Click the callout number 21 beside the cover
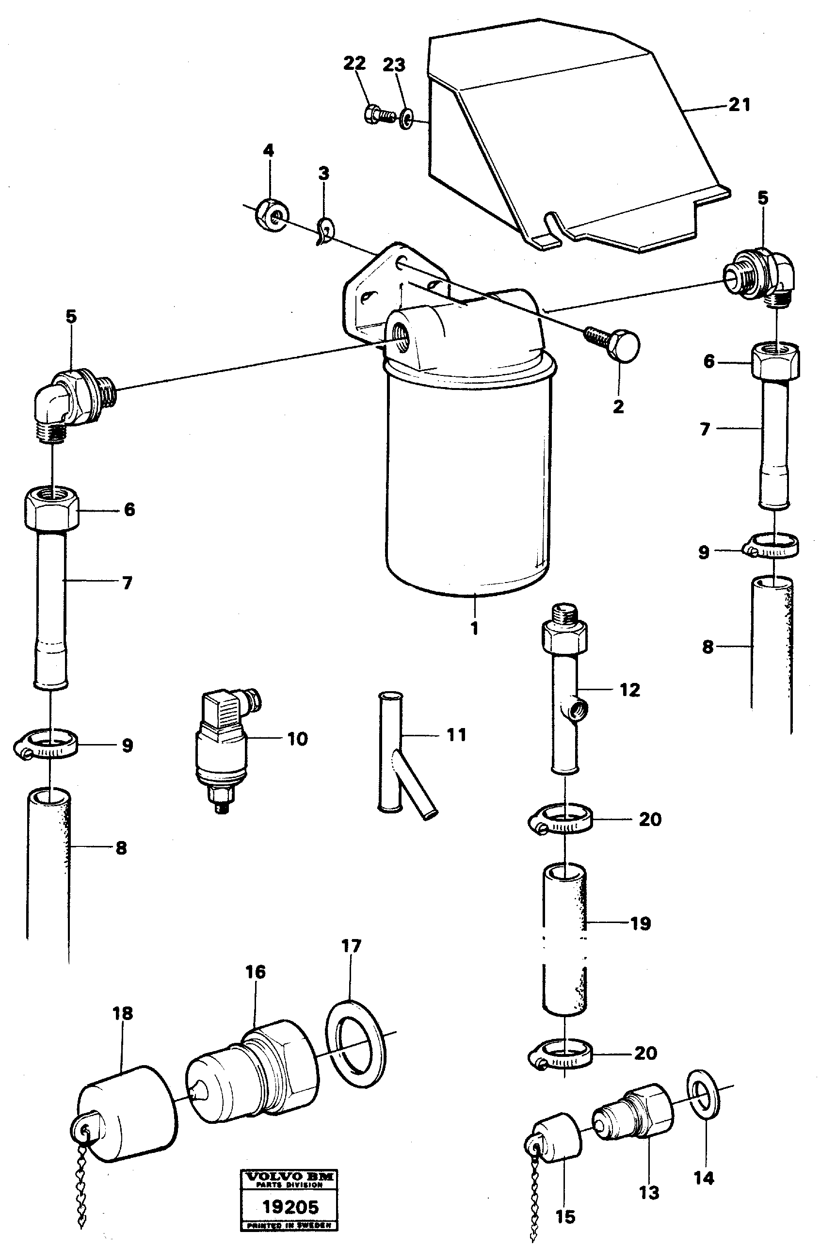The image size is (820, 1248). click(739, 105)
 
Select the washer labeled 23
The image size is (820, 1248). click(406, 118)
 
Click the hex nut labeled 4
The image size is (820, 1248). click(271, 212)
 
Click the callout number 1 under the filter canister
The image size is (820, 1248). click(474, 628)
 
